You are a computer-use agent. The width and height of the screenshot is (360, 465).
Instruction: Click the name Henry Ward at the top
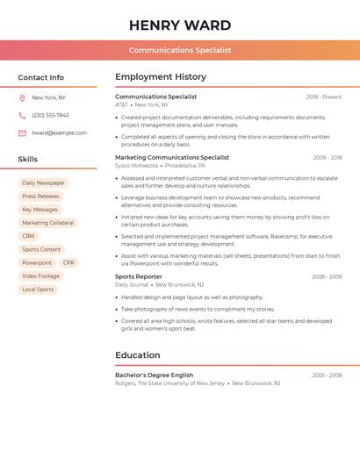180,25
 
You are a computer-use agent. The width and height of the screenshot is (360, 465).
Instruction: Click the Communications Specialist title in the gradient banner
180,50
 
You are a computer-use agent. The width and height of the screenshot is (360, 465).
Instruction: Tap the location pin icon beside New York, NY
22,97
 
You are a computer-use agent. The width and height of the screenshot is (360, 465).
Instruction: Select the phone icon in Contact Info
22,115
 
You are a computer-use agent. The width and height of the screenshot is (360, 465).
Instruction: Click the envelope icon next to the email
22,133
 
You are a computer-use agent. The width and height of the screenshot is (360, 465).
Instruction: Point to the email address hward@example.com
59,133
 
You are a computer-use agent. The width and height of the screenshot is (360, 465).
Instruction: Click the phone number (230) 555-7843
50,115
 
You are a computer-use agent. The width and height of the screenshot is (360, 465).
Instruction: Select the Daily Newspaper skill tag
43,183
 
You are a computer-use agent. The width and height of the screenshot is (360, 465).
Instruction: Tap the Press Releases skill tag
40,197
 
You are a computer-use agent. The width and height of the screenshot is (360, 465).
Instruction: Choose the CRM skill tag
28,236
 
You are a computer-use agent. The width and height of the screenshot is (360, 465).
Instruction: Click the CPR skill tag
68,262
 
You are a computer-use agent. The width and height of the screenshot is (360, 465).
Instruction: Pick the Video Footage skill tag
40,275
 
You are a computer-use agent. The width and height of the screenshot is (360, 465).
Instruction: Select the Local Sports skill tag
38,290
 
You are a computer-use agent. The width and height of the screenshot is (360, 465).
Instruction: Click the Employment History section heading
161,77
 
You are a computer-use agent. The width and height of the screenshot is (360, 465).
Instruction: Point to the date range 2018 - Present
324,97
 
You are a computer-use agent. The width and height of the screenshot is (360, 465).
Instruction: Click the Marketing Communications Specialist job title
172,158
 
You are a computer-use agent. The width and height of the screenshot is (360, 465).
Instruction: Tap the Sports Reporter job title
139,276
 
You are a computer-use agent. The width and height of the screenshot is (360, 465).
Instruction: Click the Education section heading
138,355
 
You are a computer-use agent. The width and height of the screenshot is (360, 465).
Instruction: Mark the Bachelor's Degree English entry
154,375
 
